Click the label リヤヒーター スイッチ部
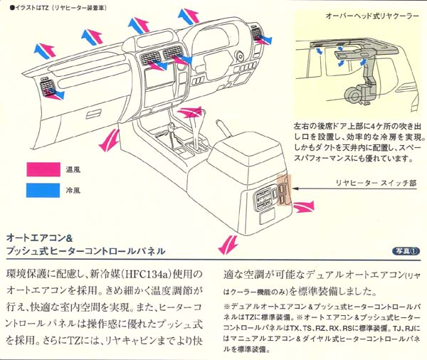click(x=376, y=183)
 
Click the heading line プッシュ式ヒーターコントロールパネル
click(x=85, y=251)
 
